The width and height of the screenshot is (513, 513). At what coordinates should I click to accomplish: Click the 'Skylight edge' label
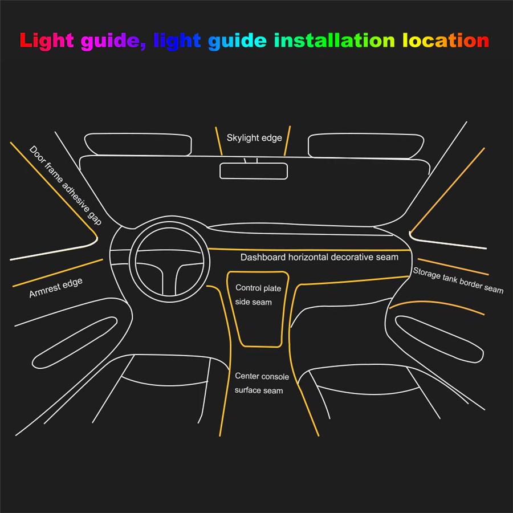[254, 138]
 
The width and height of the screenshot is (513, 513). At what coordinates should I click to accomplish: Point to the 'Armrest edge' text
[55, 288]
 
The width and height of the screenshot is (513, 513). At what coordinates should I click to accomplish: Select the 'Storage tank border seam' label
[458, 280]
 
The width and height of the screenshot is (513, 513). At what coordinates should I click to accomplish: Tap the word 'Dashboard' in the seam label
[263, 258]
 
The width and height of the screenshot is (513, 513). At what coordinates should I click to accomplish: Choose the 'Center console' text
[262, 376]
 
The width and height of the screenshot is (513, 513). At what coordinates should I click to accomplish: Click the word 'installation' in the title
[334, 40]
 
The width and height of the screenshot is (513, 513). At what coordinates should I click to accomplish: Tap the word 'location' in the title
[445, 40]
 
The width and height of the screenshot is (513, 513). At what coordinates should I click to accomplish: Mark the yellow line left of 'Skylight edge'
[218, 141]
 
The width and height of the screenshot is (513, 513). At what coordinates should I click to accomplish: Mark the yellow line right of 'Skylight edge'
[288, 140]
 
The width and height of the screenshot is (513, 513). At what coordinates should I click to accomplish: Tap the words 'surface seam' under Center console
[259, 390]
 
